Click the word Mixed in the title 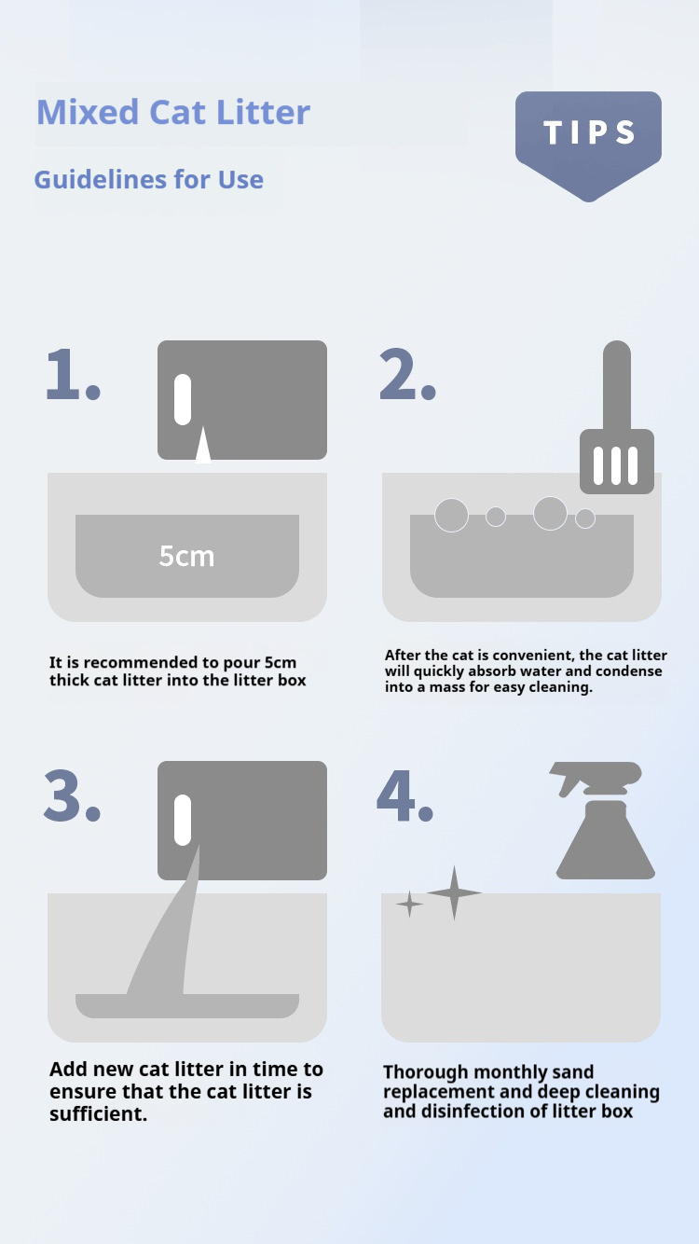click(x=88, y=112)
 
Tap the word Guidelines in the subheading click(x=100, y=179)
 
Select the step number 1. click(x=72, y=374)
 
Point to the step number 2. click(x=407, y=374)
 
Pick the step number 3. click(x=72, y=795)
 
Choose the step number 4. click(x=404, y=795)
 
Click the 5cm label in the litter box click(x=186, y=556)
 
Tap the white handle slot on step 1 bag click(x=183, y=399)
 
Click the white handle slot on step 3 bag click(x=183, y=820)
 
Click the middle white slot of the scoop click(x=616, y=466)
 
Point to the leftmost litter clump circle click(x=451, y=516)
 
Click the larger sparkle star click(x=454, y=892)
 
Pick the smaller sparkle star click(x=410, y=905)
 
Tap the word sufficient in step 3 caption click(x=98, y=1113)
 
